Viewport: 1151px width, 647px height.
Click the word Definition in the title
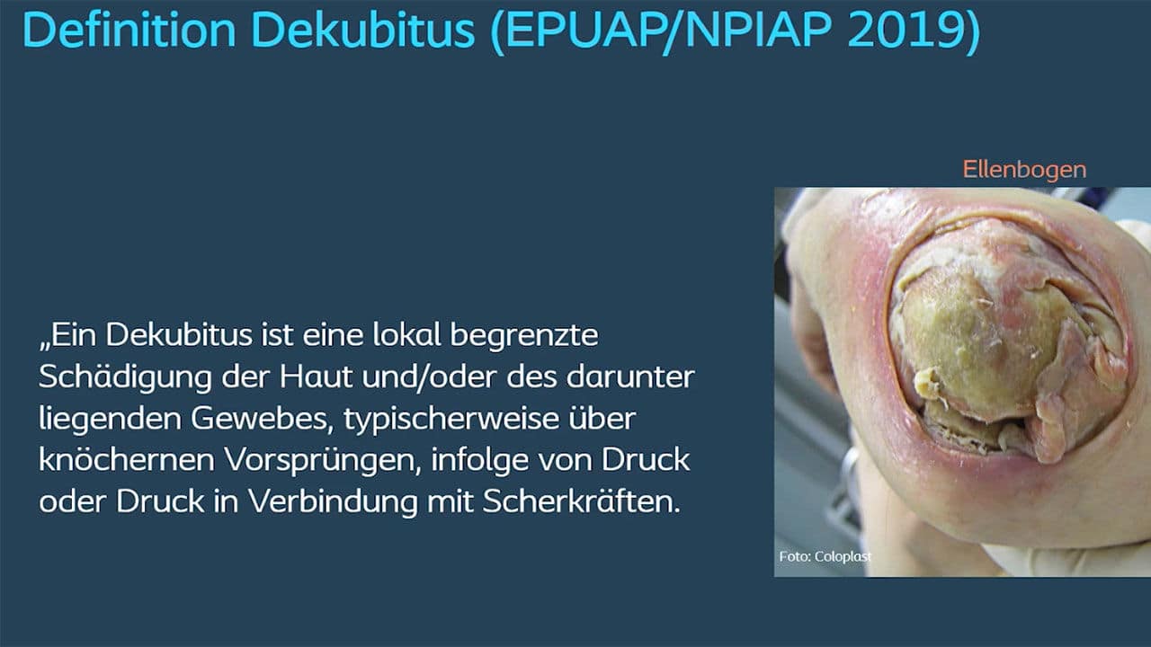pyautogui.click(x=131, y=31)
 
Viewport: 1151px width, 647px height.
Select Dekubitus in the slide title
pyautogui.click(x=364, y=31)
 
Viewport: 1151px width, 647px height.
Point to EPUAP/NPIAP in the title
pyautogui.click(x=661, y=31)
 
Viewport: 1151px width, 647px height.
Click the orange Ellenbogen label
pyautogui.click(x=1024, y=169)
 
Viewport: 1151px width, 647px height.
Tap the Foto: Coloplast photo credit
pyautogui.click(x=825, y=557)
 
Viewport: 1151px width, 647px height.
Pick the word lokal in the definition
pyautogui.click(x=403, y=335)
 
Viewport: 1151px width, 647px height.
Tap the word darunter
pyautogui.click(x=629, y=377)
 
